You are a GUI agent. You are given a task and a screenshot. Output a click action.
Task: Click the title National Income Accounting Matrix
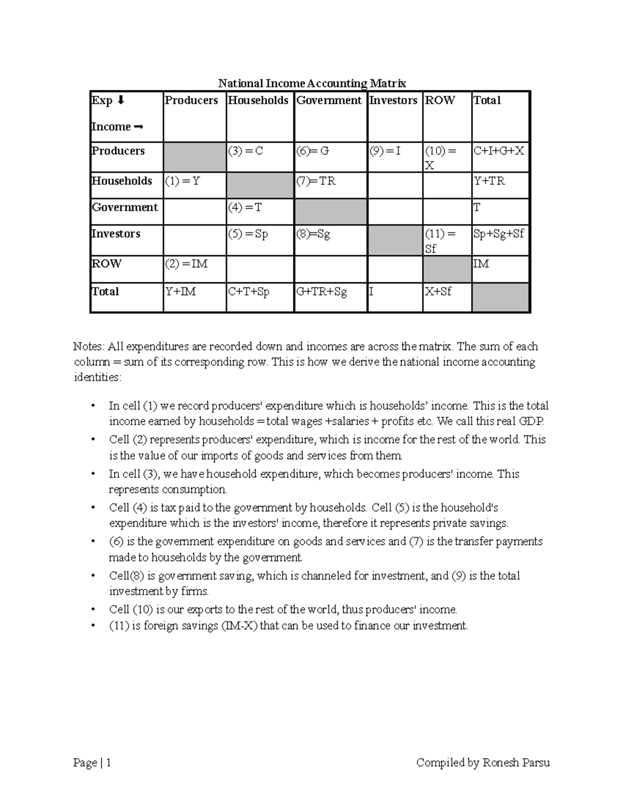click(311, 83)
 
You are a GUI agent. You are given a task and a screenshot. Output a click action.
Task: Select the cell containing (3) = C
click(260, 157)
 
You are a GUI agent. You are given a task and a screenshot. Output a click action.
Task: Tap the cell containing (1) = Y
click(195, 185)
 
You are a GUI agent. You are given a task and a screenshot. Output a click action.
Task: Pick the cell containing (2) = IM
click(195, 269)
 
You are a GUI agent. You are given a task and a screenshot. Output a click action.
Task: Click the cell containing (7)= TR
click(331, 185)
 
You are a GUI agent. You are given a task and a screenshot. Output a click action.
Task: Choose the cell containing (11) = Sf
click(447, 240)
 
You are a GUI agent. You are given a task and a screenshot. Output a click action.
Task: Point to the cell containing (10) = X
click(447, 157)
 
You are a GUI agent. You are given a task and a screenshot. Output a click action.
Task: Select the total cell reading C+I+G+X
click(500, 157)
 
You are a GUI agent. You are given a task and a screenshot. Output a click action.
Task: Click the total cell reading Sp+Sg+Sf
click(500, 240)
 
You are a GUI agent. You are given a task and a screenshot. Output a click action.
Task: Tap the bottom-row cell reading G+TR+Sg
click(331, 297)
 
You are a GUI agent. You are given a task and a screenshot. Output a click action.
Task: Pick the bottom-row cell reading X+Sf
click(447, 297)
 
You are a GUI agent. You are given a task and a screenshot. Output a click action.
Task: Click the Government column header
click(329, 101)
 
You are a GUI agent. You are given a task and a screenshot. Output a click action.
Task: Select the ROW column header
click(440, 101)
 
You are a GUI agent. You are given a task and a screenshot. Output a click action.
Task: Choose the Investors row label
click(116, 234)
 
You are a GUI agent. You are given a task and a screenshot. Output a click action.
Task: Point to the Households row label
click(122, 181)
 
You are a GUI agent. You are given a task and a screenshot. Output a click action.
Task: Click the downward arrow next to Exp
click(121, 100)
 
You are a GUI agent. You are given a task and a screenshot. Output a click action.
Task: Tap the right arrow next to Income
click(138, 127)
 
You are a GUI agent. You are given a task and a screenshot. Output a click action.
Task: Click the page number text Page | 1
click(92, 762)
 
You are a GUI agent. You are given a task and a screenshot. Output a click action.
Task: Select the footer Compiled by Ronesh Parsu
click(483, 762)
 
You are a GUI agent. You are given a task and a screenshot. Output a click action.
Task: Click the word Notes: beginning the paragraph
click(89, 347)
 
